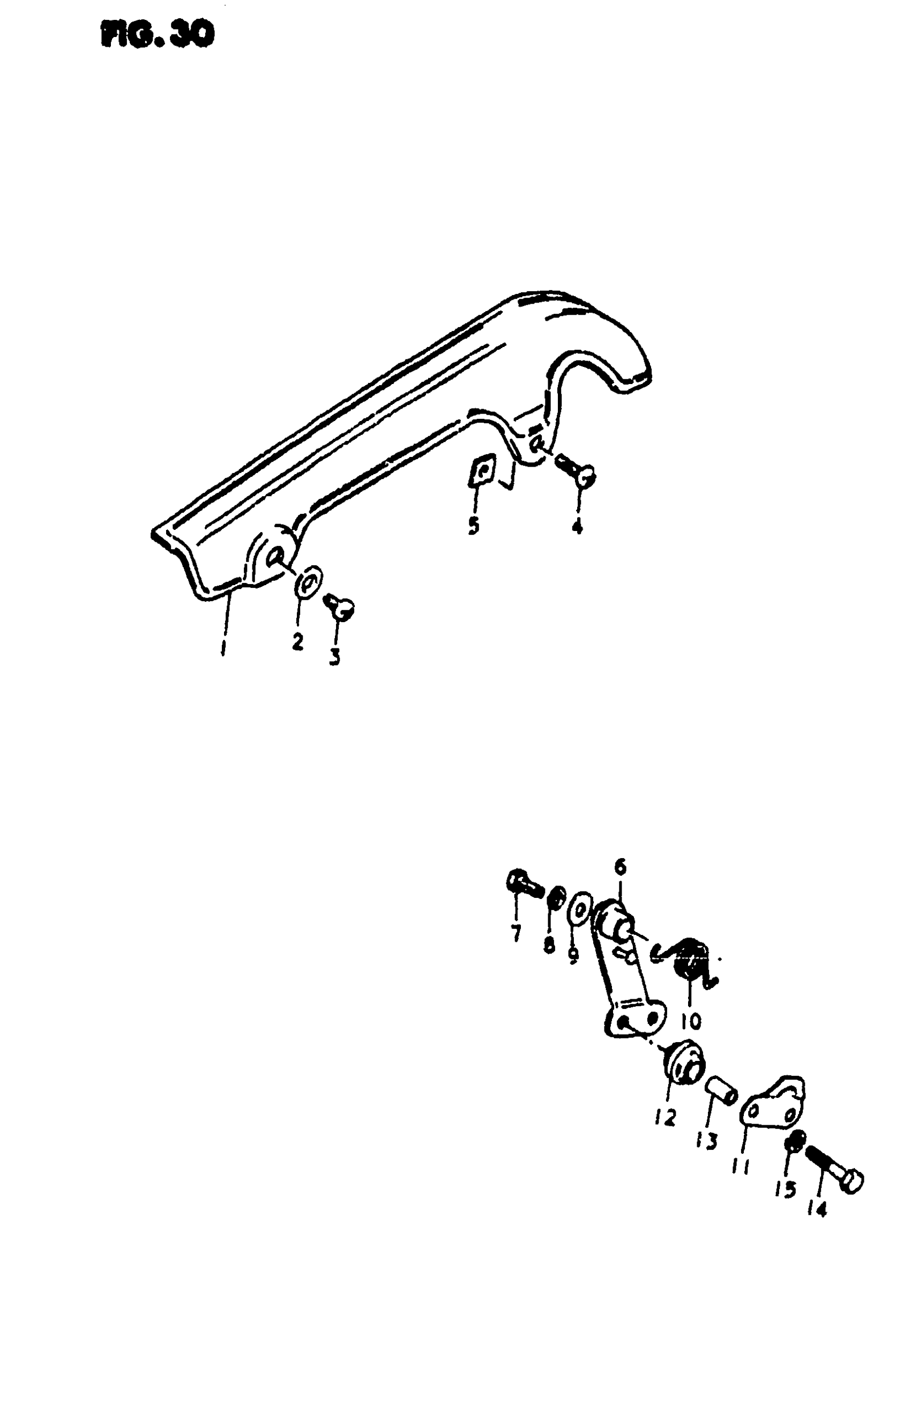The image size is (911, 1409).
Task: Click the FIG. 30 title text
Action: click(x=158, y=36)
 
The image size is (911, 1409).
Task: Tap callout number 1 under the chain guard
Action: click(x=223, y=650)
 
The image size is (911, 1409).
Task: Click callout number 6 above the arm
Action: click(x=619, y=868)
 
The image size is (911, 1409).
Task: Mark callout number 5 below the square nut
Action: click(x=473, y=525)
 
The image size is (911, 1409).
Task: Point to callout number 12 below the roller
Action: click(x=666, y=1117)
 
